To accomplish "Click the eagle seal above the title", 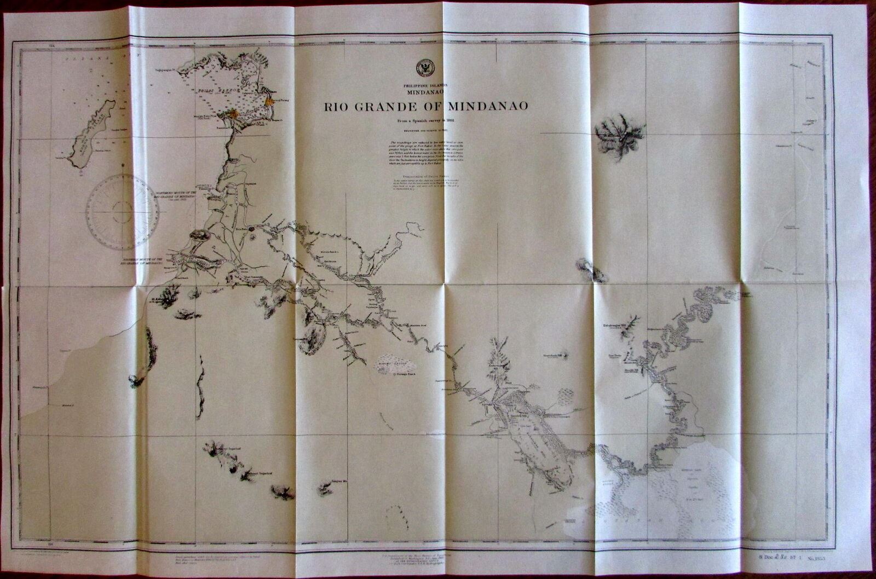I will pyautogui.click(x=424, y=67).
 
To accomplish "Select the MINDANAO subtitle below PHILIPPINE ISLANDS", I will pyautogui.click(x=425, y=92).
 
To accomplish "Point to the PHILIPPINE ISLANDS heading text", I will pyautogui.click(x=425, y=85).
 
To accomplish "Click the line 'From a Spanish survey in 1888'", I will pyautogui.click(x=425, y=121).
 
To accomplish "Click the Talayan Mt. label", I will pyautogui.click(x=339, y=483).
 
